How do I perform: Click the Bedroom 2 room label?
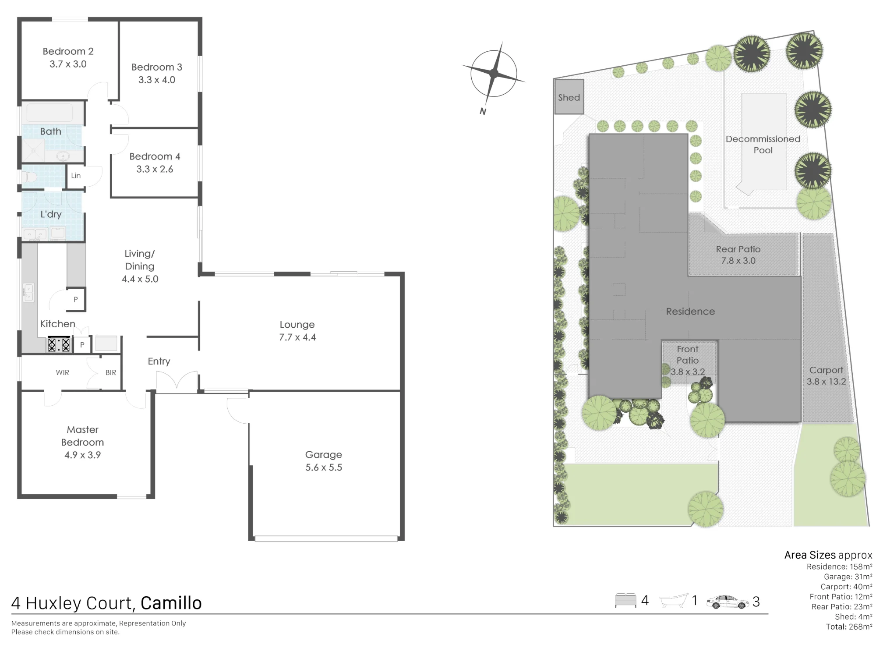68,51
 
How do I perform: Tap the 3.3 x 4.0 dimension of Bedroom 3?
157,80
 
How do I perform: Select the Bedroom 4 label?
155,156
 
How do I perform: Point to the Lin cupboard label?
76,176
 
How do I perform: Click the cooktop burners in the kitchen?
59,344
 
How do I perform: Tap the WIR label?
62,372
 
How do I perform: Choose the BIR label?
111,372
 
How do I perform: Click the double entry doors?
177,381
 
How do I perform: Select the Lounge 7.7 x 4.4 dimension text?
297,337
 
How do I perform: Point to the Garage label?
324,455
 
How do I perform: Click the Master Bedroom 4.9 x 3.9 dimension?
82,455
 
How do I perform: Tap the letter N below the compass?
483,111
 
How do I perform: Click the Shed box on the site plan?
569,97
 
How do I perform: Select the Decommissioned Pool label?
763,145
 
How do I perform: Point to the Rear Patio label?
738,249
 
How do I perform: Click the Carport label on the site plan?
826,370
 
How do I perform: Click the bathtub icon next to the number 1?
674,600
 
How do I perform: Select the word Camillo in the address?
171,603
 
